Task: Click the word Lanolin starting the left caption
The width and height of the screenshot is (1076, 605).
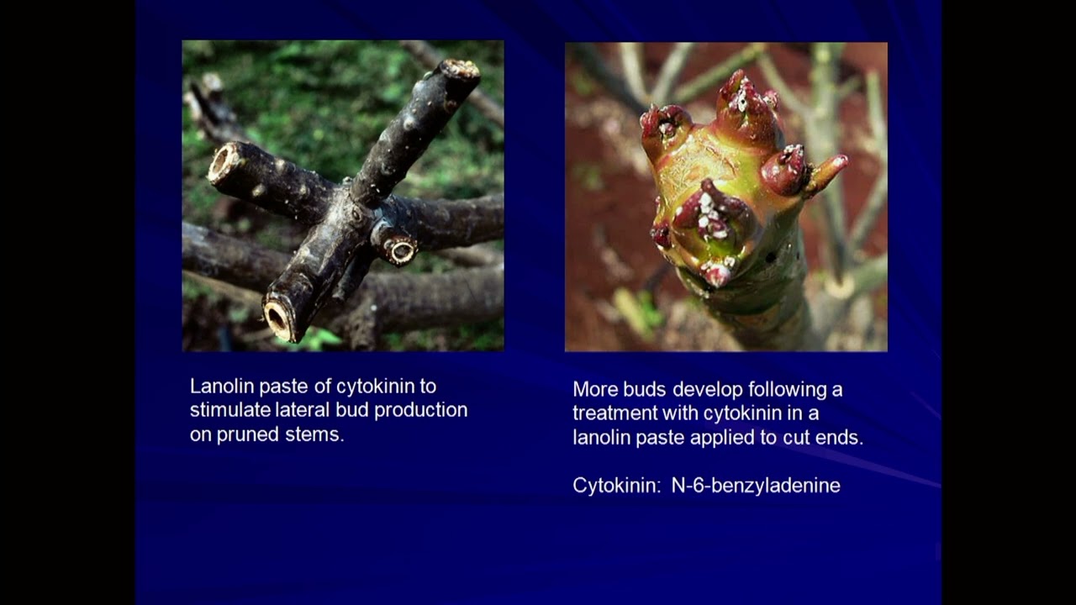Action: tap(220, 387)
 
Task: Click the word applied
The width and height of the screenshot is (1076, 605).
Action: tap(755, 438)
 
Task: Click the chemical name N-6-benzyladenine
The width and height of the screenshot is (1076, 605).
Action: tap(756, 486)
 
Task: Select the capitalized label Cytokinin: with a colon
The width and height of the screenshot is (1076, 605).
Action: tap(616, 486)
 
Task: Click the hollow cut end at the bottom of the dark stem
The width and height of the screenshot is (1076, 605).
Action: tap(277, 317)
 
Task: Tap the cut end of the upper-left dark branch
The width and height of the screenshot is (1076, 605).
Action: tap(222, 162)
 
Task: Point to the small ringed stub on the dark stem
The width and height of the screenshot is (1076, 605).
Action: tap(399, 249)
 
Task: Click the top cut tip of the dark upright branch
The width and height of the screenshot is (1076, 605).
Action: tap(461, 70)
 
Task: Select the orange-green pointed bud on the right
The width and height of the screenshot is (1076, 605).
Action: tap(828, 171)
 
